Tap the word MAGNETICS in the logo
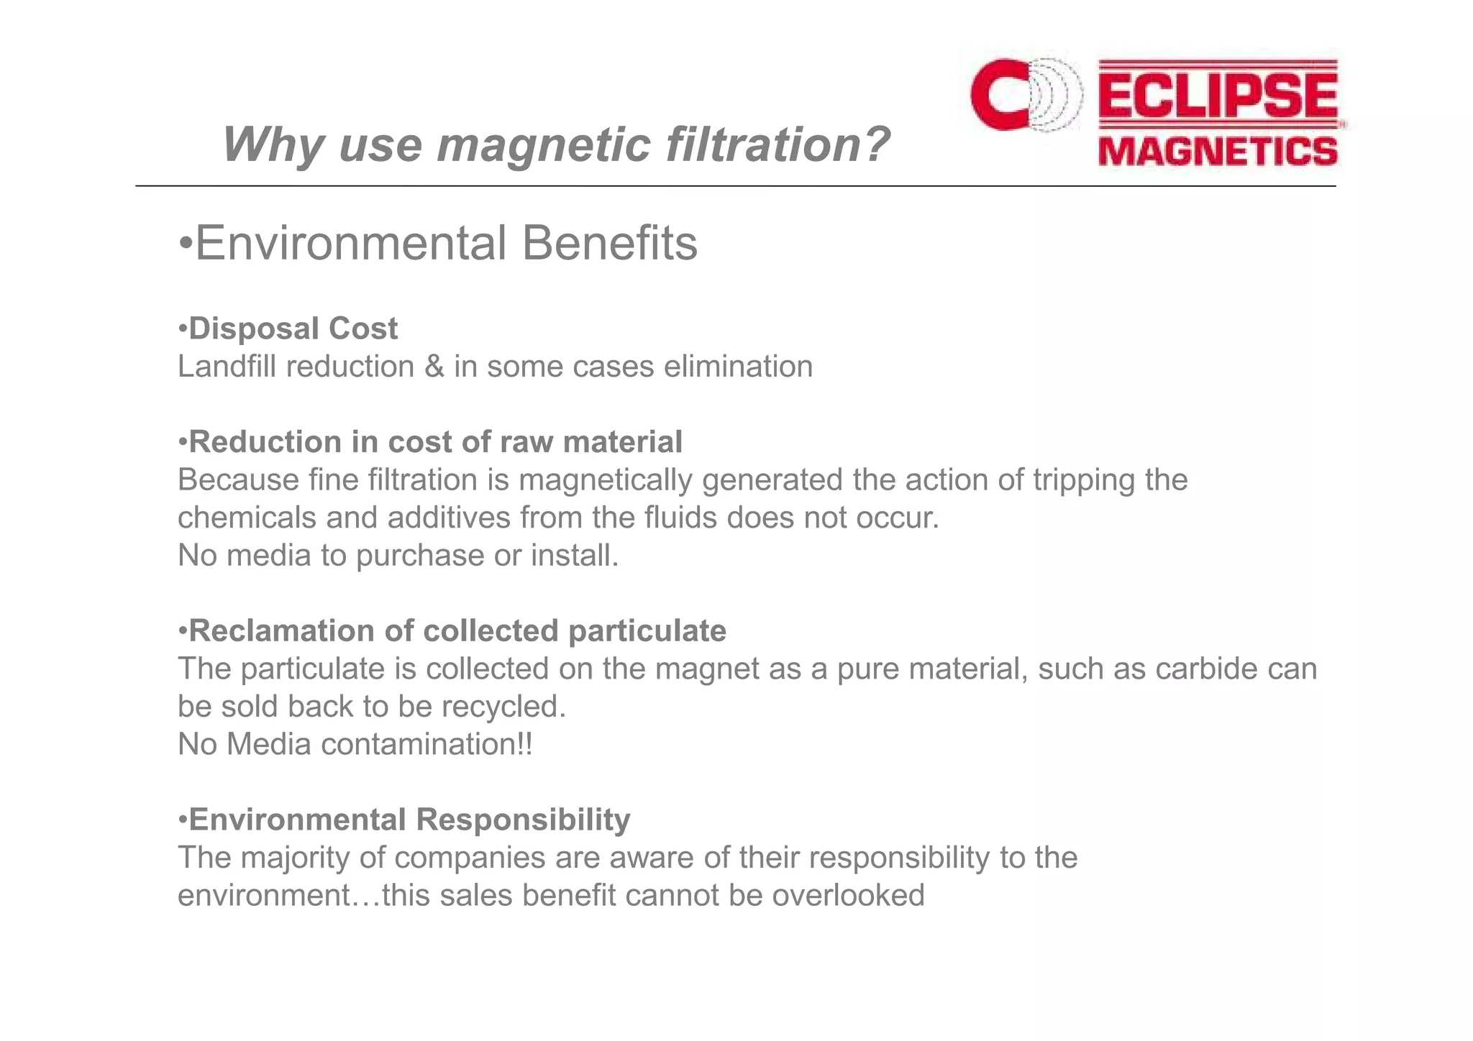point(1218,152)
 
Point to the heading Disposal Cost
point(288,329)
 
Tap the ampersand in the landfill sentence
point(434,367)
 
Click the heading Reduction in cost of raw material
point(430,442)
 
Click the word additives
point(448,518)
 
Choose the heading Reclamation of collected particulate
point(452,631)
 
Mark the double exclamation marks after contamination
point(525,744)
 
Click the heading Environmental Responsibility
point(404,820)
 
